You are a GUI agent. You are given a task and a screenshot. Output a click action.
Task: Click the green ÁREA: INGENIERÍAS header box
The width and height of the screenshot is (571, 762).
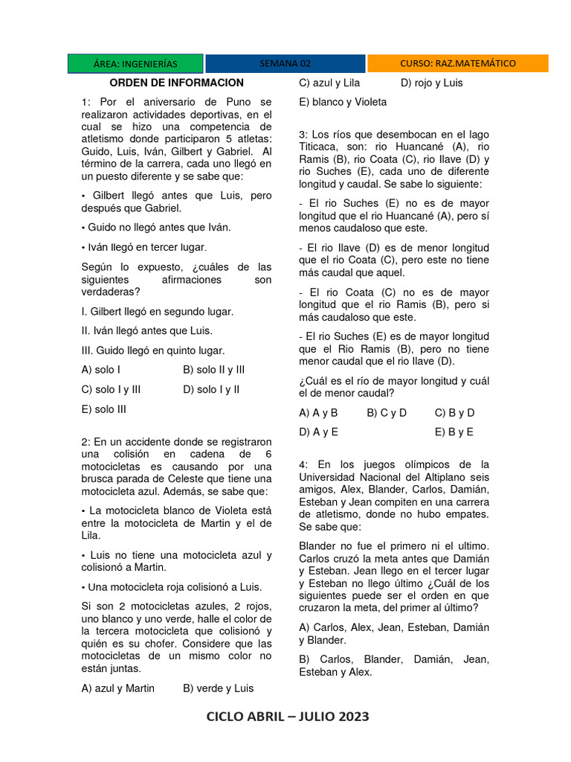(135, 64)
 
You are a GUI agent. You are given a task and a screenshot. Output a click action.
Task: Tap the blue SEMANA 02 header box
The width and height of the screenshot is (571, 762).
(285, 64)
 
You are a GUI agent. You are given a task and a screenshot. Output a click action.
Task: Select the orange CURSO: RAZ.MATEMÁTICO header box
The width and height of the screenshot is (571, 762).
(457, 64)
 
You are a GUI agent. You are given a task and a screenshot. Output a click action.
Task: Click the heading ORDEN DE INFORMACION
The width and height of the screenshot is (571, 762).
(176, 83)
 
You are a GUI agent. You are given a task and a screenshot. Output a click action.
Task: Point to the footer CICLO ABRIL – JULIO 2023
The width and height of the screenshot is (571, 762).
(287, 717)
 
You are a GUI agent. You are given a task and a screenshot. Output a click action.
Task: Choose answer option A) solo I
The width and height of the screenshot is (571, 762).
(101, 370)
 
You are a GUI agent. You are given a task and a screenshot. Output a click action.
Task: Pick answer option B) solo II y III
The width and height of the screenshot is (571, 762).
(213, 370)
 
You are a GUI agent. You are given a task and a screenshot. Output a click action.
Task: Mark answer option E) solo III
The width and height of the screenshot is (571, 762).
(103, 409)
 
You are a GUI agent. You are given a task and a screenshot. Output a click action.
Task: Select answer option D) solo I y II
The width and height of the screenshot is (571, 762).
(210, 389)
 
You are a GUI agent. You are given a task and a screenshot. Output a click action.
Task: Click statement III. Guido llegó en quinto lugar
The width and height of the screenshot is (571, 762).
(152, 350)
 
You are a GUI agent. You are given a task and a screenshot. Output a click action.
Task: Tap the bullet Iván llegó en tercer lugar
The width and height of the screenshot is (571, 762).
(144, 247)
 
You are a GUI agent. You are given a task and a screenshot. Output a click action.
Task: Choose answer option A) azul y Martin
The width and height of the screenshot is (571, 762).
(117, 688)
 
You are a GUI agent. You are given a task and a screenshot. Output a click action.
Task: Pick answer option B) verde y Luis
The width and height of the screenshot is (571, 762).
(218, 688)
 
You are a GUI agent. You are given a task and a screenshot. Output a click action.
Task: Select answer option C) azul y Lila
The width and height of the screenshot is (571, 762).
(329, 83)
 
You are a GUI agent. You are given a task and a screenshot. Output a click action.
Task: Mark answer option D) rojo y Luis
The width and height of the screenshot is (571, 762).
(431, 83)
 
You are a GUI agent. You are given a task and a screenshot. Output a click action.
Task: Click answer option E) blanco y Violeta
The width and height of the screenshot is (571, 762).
(343, 102)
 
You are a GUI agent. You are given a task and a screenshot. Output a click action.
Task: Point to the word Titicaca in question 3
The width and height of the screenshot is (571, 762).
(321, 147)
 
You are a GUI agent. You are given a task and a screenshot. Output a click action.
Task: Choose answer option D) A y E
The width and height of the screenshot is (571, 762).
(318, 432)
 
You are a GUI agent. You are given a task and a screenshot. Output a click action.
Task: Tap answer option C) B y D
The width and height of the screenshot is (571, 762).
(454, 412)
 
